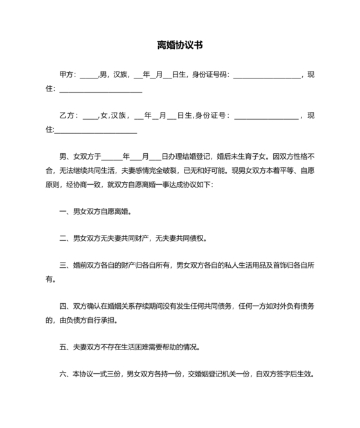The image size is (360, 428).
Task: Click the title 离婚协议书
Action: [180, 45]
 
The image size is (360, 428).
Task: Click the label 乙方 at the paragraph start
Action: [66, 116]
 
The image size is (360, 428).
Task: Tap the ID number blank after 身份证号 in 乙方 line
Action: [266, 117]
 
